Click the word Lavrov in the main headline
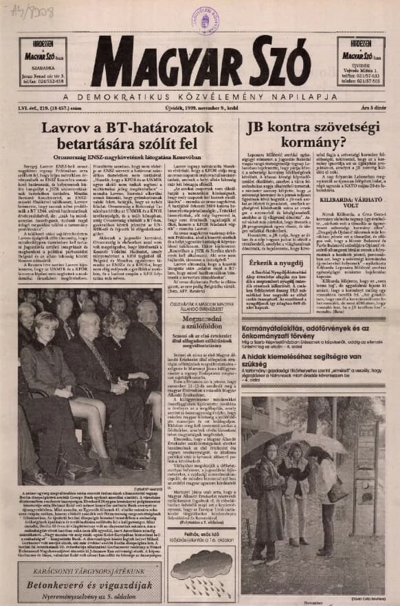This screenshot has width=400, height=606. pyautogui.click(x=67, y=128)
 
